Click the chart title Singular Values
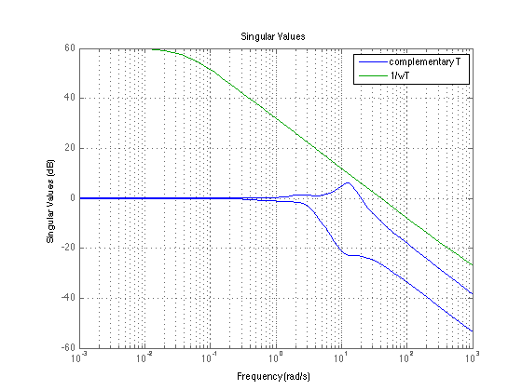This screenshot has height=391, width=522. coord(273,36)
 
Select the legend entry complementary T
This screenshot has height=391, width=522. coord(425,61)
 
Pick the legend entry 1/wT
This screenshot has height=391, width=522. coord(400,75)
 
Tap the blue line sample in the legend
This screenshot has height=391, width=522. coord(373,62)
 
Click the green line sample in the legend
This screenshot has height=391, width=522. coord(373,75)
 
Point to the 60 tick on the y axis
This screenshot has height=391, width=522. coord(70,48)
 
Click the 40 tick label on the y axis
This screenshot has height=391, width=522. coord(70,98)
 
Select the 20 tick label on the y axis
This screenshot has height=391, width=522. coord(70,148)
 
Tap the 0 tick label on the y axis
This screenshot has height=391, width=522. coord(73,197)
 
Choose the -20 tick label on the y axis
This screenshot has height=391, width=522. coord(68,248)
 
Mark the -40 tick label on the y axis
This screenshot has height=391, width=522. coord(68,298)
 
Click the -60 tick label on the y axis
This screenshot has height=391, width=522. coord(68,348)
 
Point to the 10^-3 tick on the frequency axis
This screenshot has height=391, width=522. coord(78,357)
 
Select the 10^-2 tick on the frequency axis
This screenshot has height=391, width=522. coord(144,357)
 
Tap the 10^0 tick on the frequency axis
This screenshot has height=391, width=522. coord(276,357)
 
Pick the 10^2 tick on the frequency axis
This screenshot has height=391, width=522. coord(406,357)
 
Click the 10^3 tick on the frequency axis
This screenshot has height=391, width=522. coord(473,357)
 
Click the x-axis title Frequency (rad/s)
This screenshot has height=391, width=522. coord(273,376)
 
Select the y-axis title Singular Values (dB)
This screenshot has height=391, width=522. coord(50,201)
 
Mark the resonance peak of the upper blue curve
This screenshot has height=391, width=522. coord(348,182)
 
